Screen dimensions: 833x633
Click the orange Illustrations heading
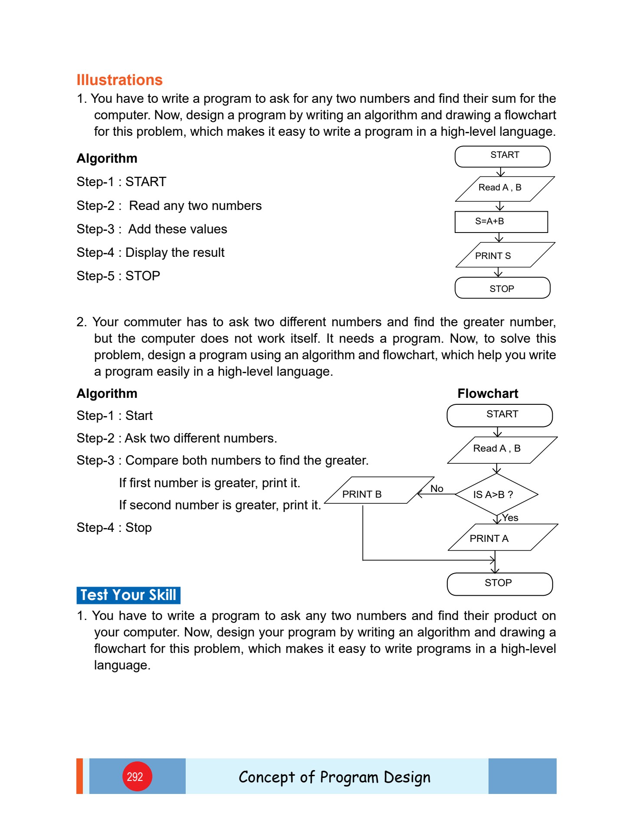pos(119,80)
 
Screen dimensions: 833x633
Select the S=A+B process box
pos(501,222)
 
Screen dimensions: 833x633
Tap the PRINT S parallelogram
pos(504,255)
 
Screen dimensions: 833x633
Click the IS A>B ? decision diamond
pos(496,495)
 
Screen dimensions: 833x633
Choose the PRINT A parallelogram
pos(502,538)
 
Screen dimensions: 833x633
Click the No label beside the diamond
pos(436,489)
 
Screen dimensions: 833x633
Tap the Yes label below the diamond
pos(510,518)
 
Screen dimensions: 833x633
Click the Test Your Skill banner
pos(128,595)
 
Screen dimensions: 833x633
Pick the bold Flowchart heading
pos(488,394)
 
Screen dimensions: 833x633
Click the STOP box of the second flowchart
pos(499,584)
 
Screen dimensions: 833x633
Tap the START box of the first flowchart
pos(502,156)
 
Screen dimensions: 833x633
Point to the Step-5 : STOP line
pos(118,276)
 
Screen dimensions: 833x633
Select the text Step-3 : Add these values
pos(152,229)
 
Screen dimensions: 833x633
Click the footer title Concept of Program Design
pos(335,777)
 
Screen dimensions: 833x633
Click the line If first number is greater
pos(210,483)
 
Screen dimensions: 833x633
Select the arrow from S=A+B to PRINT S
pos(499,237)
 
